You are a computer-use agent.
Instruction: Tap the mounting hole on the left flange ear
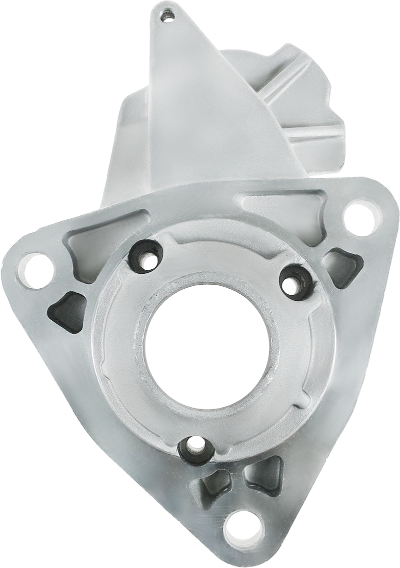click(35, 270)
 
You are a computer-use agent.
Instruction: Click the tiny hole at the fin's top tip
click(166, 16)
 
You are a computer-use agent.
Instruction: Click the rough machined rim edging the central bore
click(150, 320)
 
